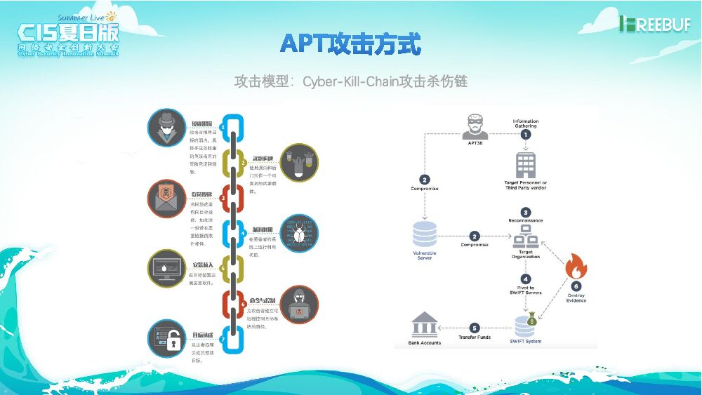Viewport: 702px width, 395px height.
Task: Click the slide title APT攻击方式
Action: click(x=350, y=43)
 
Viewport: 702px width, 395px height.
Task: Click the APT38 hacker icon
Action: click(x=475, y=125)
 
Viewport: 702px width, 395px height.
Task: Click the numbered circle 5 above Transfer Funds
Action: click(x=475, y=328)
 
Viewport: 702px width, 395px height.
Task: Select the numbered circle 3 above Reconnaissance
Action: click(x=525, y=212)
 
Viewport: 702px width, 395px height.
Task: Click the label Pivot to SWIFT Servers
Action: click(x=525, y=290)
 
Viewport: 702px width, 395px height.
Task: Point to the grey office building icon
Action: click(x=525, y=165)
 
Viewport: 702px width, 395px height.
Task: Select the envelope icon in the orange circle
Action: click(x=166, y=199)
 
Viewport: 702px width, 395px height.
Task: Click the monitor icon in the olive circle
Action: click(x=166, y=269)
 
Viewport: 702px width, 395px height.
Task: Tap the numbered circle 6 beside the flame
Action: click(x=576, y=286)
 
